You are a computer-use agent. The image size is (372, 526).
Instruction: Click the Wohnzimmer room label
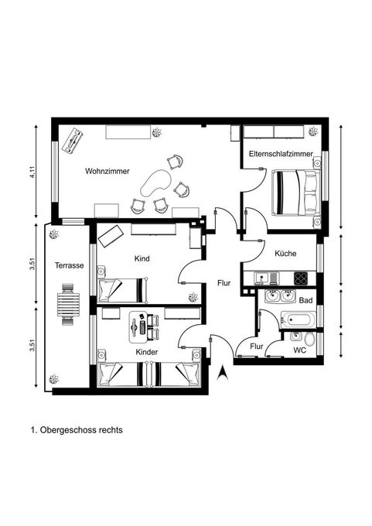[108, 171]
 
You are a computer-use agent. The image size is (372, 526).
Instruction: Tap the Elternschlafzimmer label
[281, 154]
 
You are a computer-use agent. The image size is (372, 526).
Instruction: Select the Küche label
[285, 253]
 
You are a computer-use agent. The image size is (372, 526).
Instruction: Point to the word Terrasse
[69, 265]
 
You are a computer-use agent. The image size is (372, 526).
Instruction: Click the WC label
[299, 350]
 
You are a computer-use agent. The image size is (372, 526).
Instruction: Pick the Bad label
[305, 300]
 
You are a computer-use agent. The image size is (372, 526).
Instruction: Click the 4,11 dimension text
[32, 171]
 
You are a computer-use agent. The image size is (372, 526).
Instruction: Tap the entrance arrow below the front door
[221, 374]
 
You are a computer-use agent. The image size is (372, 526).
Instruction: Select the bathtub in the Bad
[299, 319]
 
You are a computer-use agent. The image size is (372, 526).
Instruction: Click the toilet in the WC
[310, 340]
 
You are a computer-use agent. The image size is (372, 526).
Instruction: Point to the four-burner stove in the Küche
[301, 278]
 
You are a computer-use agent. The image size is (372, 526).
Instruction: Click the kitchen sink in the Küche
[266, 278]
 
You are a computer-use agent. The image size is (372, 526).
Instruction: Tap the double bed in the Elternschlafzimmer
[296, 193]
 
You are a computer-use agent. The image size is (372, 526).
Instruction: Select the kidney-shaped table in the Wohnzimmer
[155, 183]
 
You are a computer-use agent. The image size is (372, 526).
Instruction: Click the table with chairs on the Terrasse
[68, 305]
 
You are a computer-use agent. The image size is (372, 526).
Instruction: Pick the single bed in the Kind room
[123, 290]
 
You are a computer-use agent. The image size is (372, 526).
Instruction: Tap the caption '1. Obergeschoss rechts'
[77, 430]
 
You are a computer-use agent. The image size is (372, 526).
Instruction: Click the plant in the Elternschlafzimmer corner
[312, 131]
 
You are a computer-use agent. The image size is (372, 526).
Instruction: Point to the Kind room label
[142, 258]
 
